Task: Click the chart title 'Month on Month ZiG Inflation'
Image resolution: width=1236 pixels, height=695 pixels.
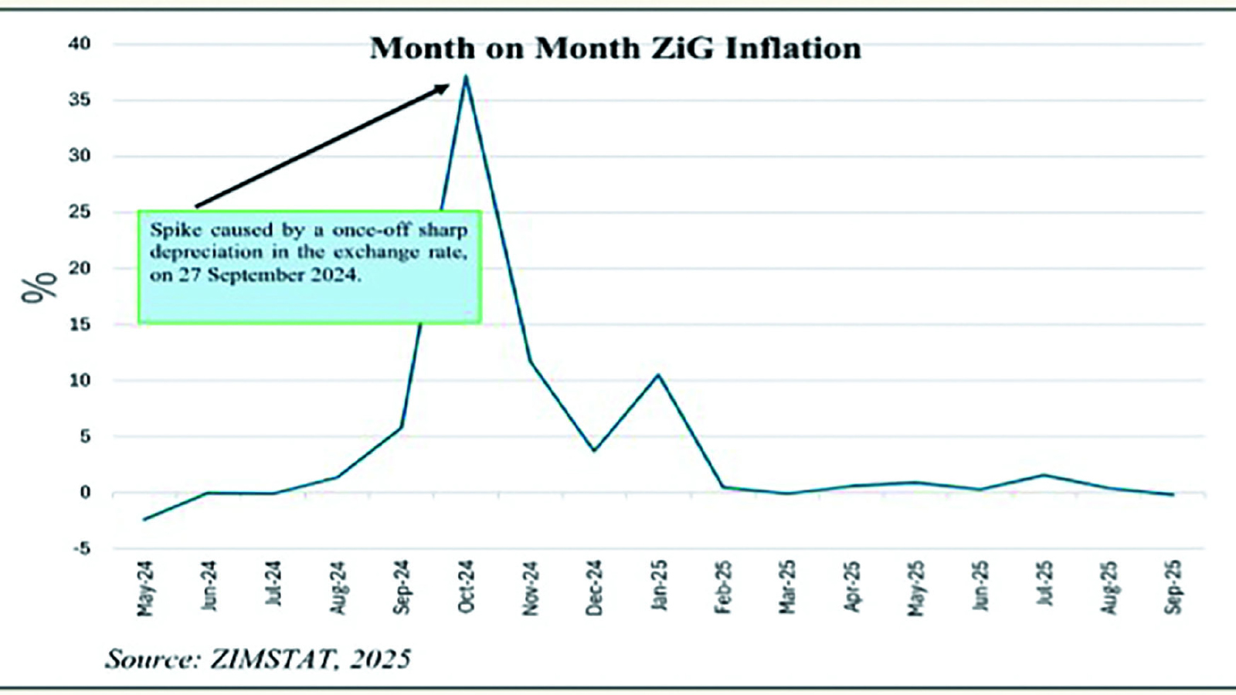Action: pos(615,49)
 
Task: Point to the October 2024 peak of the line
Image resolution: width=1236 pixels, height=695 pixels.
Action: pos(466,76)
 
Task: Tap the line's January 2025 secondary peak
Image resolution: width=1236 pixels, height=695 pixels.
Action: pos(658,375)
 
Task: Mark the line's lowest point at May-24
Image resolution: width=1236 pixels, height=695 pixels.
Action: pos(144,519)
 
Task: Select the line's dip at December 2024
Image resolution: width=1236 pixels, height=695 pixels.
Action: pos(594,450)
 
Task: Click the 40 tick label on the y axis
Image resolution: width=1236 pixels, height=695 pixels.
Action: pos(79,44)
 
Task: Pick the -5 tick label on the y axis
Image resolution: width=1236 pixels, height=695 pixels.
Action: pos(80,549)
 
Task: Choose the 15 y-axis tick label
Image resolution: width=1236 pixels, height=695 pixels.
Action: pos(79,324)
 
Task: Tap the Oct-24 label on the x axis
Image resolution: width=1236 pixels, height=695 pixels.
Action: pos(466,587)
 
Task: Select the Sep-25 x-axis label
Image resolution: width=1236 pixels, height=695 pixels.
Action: pos(1173,587)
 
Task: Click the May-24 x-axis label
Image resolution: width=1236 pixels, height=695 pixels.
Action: pos(144,588)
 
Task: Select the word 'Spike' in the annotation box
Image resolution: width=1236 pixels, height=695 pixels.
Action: pos(175,230)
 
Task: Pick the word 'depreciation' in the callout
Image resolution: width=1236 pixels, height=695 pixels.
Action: pos(206,253)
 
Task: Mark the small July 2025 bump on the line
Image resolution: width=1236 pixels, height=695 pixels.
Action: pos(1044,475)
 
